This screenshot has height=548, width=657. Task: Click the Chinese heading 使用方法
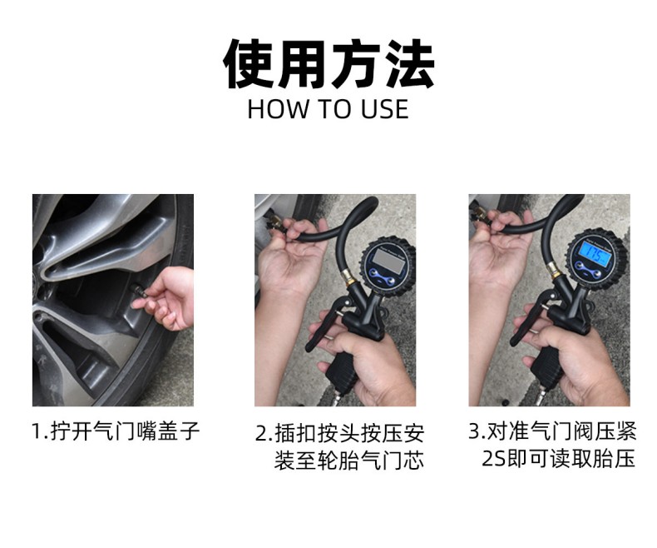[328, 64]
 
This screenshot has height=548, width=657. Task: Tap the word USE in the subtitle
[385, 109]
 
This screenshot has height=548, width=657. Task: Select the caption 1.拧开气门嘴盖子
[116, 431]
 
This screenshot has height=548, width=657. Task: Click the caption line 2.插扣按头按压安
[339, 434]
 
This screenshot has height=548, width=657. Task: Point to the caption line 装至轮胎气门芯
[349, 461]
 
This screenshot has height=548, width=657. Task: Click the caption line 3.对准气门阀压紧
[553, 431]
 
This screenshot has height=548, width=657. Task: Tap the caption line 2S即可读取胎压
[559, 459]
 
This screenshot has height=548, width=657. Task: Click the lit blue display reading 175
[593, 255]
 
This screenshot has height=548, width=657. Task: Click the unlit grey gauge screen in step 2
[386, 259]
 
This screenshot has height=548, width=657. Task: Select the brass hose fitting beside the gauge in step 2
[348, 275]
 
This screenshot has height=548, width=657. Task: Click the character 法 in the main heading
[410, 64]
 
